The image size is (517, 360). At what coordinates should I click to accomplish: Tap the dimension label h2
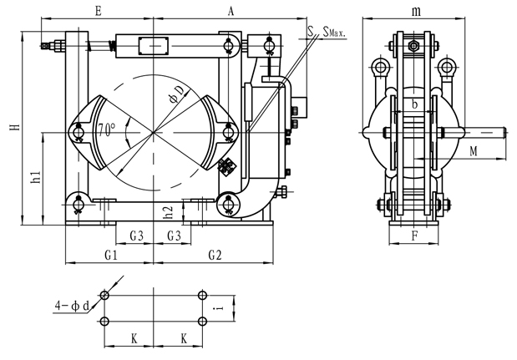click(x=167, y=213)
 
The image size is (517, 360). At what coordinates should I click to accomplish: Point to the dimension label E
click(x=99, y=11)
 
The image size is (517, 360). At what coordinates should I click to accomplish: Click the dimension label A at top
click(x=231, y=11)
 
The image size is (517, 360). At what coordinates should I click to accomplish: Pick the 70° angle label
click(x=107, y=130)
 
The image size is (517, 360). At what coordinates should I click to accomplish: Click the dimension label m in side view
click(x=416, y=11)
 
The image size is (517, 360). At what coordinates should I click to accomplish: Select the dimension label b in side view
click(x=415, y=105)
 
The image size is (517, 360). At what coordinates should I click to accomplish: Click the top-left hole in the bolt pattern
click(x=104, y=296)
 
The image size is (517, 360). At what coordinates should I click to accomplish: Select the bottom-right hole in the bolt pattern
click(x=202, y=322)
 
